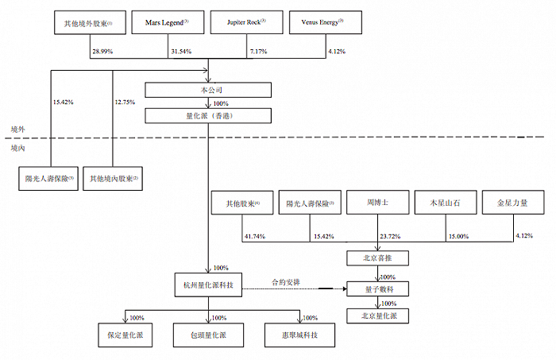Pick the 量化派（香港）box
[x=208, y=117]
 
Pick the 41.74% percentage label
[x=255, y=238]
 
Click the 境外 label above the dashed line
[x=17, y=128]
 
